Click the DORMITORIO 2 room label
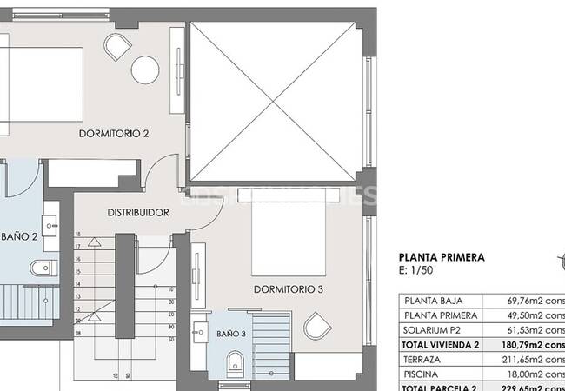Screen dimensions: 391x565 (x=114, y=134)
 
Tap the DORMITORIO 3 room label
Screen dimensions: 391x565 (x=289, y=289)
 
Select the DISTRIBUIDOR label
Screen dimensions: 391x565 (x=137, y=212)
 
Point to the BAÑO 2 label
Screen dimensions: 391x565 (x=18, y=236)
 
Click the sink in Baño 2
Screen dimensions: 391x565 (x=50, y=221)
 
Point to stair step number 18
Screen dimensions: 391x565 (x=77, y=235)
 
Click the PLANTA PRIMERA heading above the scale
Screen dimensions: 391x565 (x=441, y=257)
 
